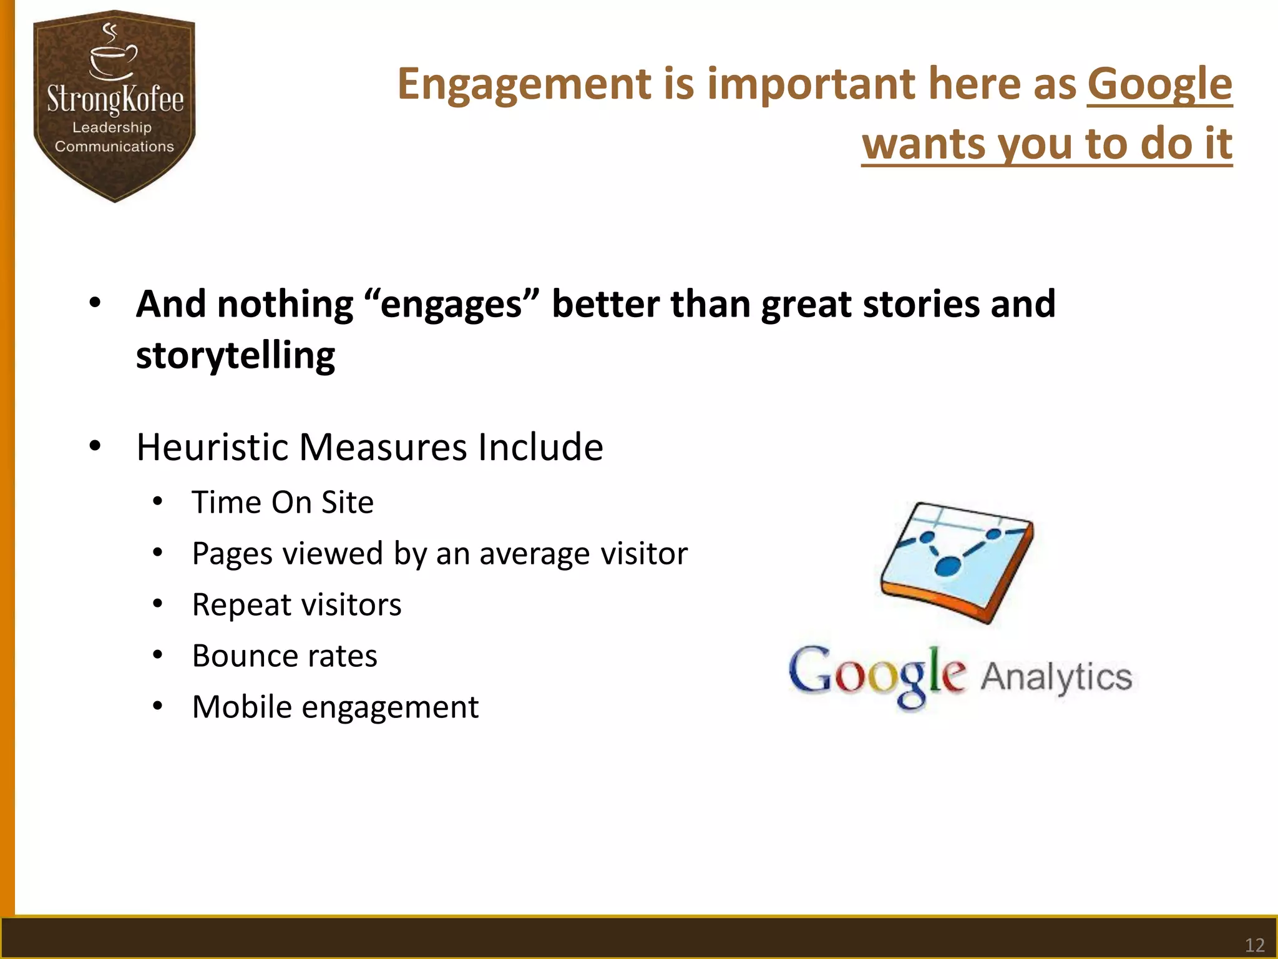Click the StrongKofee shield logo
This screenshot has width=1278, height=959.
(114, 106)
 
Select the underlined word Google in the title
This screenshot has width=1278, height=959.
(1159, 84)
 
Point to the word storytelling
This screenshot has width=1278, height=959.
(235, 356)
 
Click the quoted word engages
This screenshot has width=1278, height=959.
(451, 305)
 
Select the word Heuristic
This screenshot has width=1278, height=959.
(212, 447)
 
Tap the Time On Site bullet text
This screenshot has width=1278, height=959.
(282, 503)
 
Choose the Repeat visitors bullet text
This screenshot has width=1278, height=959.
(296, 605)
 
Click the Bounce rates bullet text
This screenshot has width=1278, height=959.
(285, 656)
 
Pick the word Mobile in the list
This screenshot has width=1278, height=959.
(241, 707)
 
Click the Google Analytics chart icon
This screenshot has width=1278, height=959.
(957, 562)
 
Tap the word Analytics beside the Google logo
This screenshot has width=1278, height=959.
(1056, 677)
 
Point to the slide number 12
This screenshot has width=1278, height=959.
(1254, 945)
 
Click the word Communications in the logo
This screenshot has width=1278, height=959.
(114, 147)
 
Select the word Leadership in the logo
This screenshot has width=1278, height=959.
(112, 127)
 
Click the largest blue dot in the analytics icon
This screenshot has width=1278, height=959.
(947, 566)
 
